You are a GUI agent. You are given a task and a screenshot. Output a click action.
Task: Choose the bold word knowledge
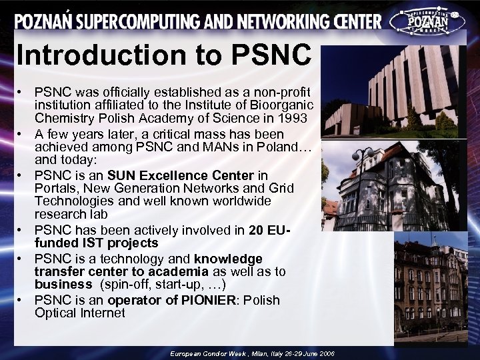pyautogui.click(x=228, y=259)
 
